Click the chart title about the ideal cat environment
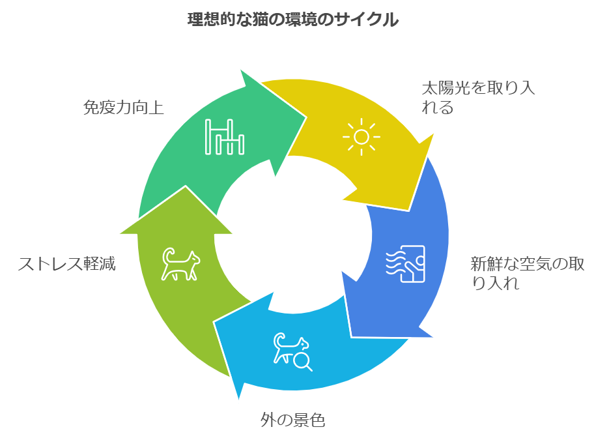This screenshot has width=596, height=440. pos(292,20)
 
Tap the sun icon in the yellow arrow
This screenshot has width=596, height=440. pos(361,137)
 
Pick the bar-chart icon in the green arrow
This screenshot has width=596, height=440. pos(225,137)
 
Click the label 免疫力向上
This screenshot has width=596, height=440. pos(124,108)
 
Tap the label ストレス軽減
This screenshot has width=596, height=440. pos(66,264)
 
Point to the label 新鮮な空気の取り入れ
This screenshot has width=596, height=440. pos(528,273)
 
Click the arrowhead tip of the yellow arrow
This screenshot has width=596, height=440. pos(409,210)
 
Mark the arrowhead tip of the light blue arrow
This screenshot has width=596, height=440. pos(238,398)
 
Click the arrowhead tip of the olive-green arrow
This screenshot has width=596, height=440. pos(186,187)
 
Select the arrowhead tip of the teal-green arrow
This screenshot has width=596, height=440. pos(306,117)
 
